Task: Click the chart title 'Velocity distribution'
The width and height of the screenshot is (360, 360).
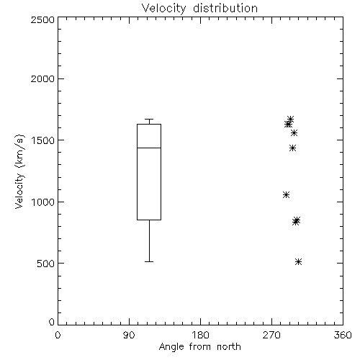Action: click(199, 9)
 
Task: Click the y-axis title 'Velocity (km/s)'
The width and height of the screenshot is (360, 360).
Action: click(20, 171)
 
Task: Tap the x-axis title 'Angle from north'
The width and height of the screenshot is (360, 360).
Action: click(200, 347)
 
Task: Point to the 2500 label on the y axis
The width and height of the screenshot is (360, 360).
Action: click(42, 19)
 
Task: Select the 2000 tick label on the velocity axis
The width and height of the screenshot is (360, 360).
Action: click(42, 78)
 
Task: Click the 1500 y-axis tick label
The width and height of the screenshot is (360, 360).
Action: click(43, 140)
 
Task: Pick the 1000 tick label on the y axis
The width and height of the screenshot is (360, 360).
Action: click(43, 202)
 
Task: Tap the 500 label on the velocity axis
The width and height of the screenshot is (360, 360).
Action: click(46, 264)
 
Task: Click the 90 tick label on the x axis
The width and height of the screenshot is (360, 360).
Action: click(129, 335)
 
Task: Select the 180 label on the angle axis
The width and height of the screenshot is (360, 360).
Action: click(200, 335)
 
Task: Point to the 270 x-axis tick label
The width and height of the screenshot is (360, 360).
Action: click(271, 335)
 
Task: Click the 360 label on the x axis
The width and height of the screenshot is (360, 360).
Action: click(343, 335)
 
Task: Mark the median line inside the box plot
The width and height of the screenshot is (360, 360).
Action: click(149, 148)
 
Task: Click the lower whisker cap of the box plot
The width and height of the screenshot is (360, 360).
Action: click(149, 261)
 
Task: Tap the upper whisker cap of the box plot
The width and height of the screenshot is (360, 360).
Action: click(149, 120)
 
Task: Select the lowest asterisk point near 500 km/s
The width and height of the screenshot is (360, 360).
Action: click(298, 261)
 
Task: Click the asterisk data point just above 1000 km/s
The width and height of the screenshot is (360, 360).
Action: click(286, 194)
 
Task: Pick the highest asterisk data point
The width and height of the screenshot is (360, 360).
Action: click(290, 120)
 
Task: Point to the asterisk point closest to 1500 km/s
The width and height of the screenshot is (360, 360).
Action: click(294, 132)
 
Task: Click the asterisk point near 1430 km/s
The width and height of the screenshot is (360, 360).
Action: click(292, 148)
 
